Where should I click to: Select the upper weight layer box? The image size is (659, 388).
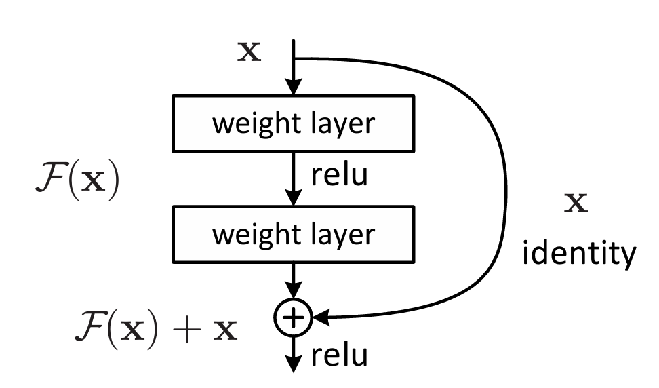292,123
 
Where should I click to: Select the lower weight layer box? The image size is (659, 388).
292,234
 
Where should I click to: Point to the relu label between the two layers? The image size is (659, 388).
339,176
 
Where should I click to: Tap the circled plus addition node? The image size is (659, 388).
292,316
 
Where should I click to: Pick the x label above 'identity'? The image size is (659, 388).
577,203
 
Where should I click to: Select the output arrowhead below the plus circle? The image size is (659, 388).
292,364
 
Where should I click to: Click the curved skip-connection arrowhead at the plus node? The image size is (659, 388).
319,316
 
